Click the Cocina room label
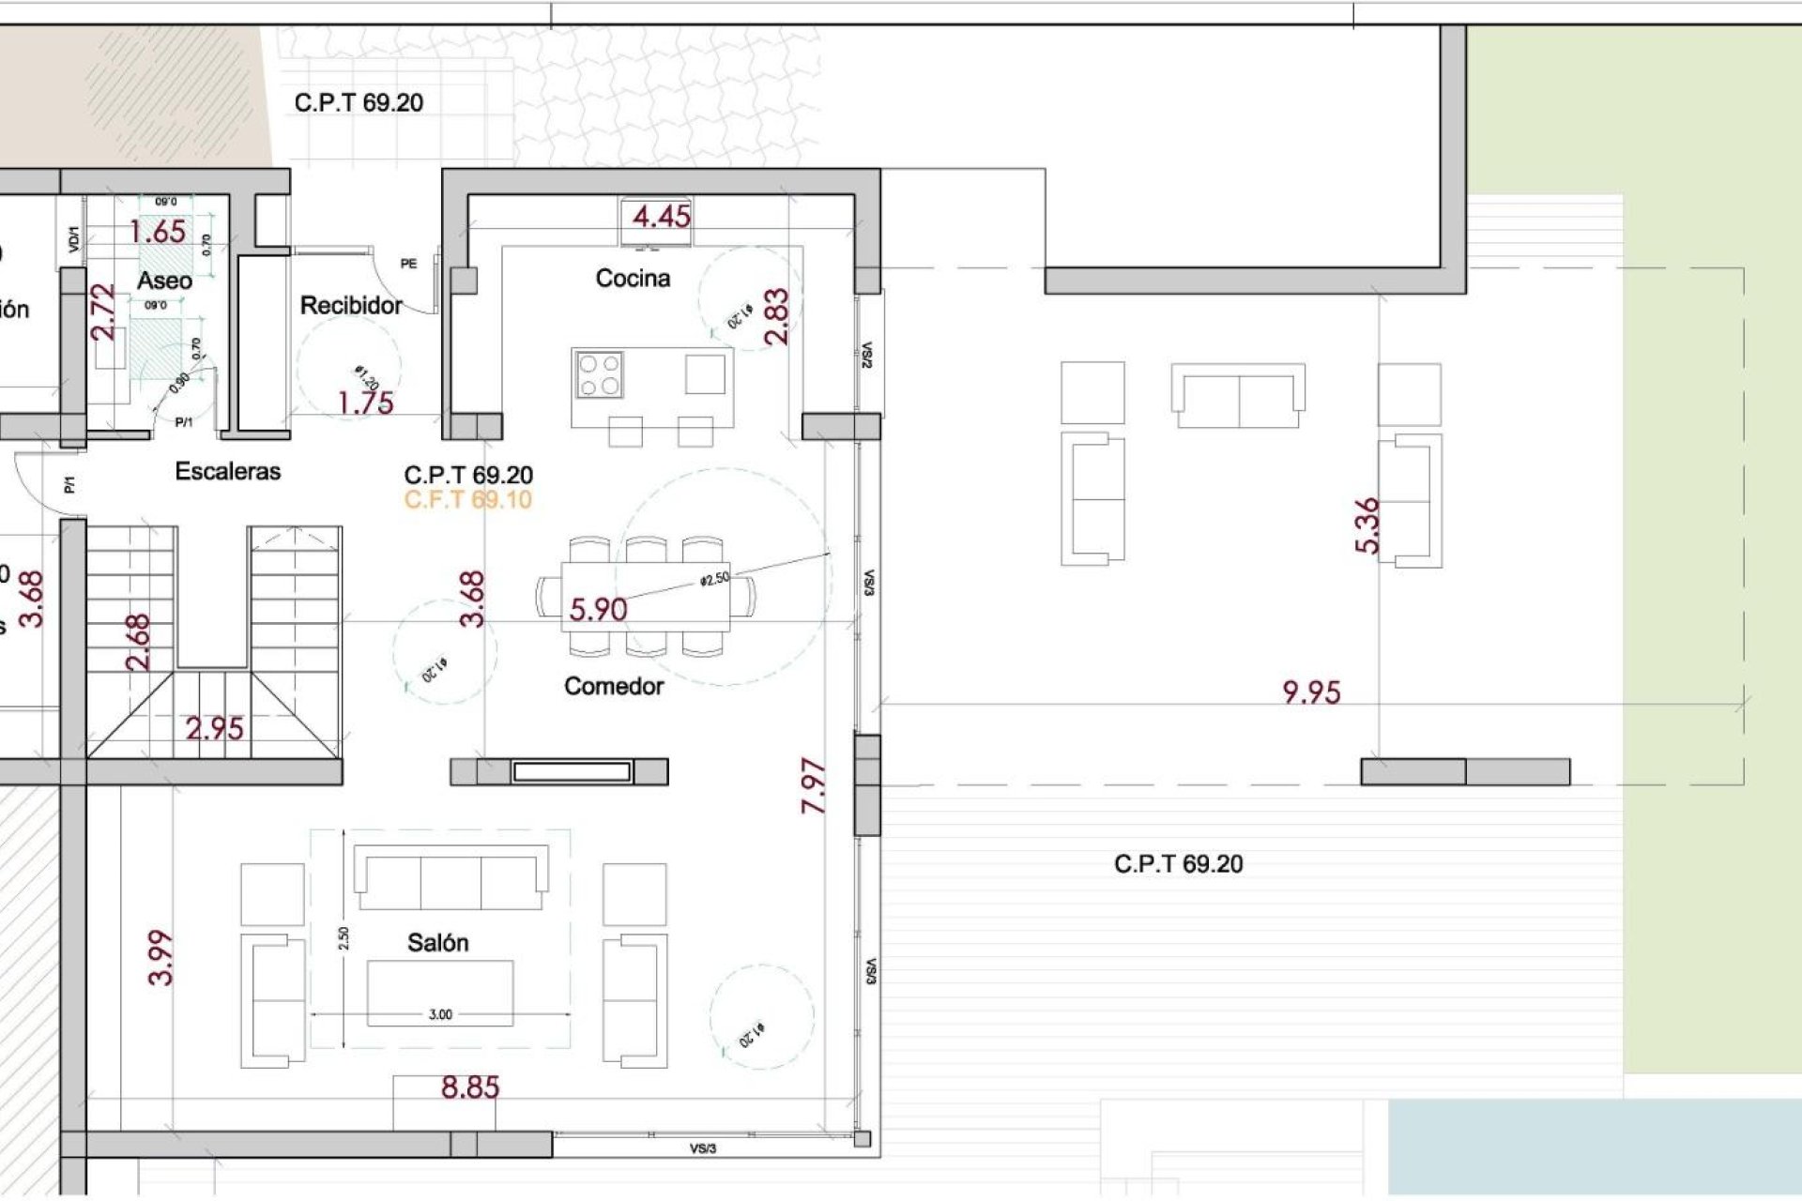click(633, 279)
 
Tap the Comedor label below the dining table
click(614, 687)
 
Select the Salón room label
click(437, 943)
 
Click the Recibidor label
click(350, 306)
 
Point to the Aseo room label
click(164, 281)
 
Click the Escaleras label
click(227, 471)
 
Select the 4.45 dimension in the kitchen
click(661, 217)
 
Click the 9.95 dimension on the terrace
click(1311, 692)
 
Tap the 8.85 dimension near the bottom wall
click(470, 1088)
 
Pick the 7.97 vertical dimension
click(814, 786)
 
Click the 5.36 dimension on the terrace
click(1367, 525)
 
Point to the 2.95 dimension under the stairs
click(214, 728)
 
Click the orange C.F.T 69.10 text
click(467, 500)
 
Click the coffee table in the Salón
click(440, 993)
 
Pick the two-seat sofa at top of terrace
click(1238, 396)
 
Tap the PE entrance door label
click(408, 264)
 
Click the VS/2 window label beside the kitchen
click(867, 355)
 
